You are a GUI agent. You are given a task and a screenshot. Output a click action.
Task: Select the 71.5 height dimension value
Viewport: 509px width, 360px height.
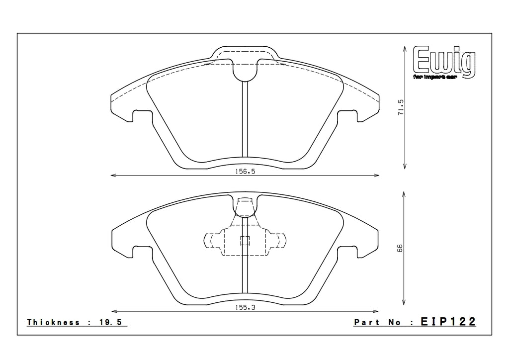click(401, 107)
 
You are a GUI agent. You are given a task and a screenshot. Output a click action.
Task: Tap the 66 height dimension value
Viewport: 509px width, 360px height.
click(401, 248)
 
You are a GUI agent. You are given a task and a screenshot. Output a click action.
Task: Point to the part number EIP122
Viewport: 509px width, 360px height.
click(448, 322)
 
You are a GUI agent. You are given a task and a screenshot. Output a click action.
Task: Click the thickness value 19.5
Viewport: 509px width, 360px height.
click(114, 322)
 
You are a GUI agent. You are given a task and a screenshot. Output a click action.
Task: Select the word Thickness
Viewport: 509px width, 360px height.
click(54, 322)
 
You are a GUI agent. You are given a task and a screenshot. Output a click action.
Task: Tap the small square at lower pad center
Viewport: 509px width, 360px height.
click(244, 241)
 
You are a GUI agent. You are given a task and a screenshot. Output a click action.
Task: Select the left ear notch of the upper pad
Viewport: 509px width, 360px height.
click(141, 115)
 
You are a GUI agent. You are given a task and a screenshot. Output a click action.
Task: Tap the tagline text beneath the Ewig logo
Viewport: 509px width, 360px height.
click(439, 78)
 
